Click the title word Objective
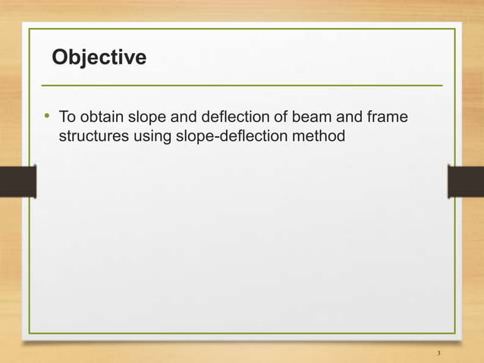point(98,58)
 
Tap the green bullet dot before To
point(46,117)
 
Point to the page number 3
point(438,354)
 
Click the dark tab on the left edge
point(17,182)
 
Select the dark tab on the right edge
point(465,182)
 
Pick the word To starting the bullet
point(67,118)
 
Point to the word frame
point(385,118)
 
